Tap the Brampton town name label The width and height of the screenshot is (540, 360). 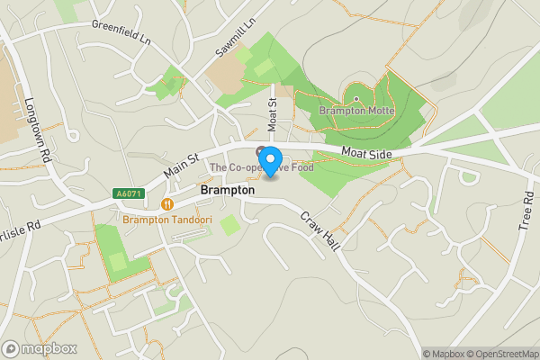(228, 191)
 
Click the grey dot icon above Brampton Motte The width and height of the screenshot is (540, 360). (356, 100)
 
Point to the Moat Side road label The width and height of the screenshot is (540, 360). (366, 155)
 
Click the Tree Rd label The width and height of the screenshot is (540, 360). (526, 213)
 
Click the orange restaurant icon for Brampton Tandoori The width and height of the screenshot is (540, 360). (166, 204)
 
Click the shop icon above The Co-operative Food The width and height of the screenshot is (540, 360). (262, 150)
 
